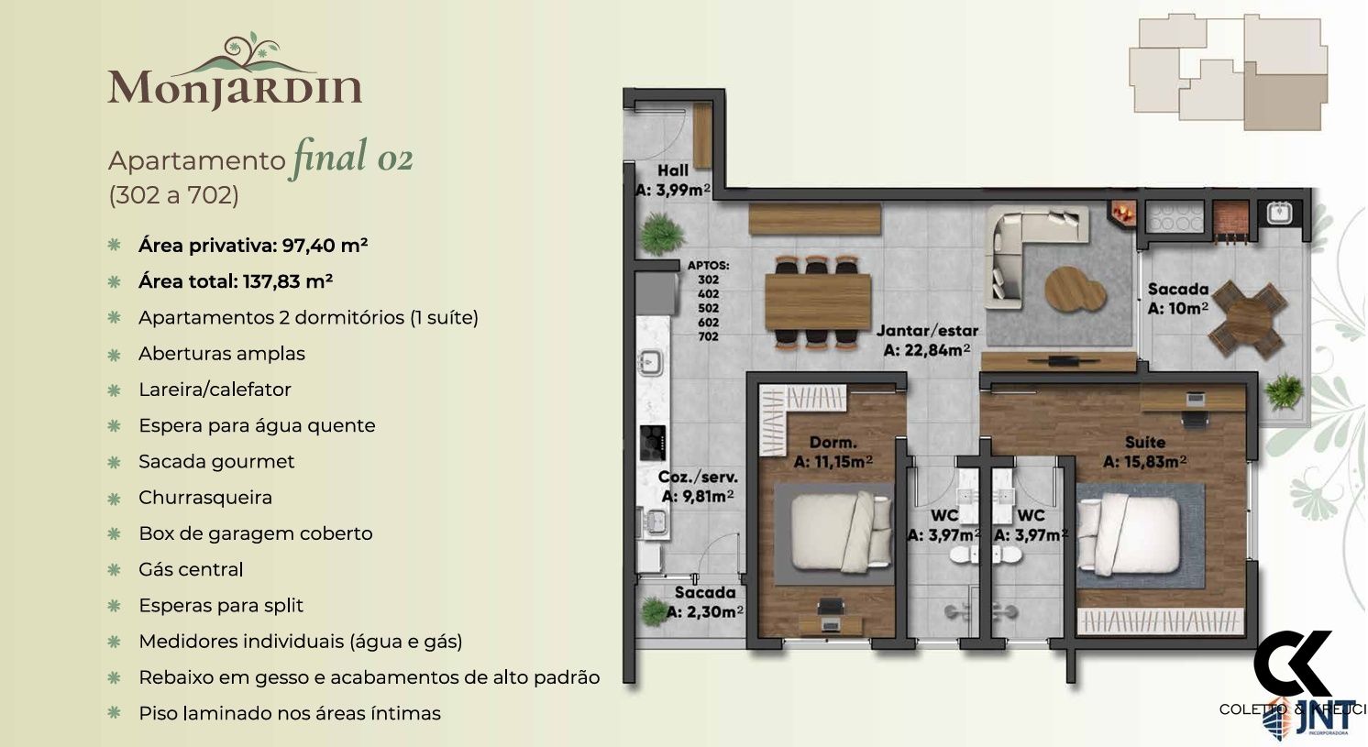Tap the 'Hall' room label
point(673,170)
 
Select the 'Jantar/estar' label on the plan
point(926,331)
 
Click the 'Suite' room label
point(1145,442)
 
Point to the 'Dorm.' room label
point(833,442)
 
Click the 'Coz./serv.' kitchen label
point(698,478)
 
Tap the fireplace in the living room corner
point(1123,213)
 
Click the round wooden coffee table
point(1075,289)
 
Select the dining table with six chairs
point(818,302)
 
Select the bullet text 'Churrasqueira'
point(205,498)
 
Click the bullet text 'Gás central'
point(191,569)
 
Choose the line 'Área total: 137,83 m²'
point(236,281)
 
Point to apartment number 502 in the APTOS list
point(708,308)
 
